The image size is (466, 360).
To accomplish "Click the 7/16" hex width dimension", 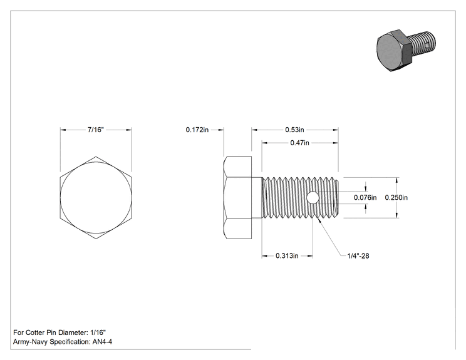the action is [x=96, y=130].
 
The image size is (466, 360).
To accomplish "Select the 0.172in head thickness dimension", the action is [x=197, y=130].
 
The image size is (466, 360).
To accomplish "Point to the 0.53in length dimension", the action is [x=294, y=130].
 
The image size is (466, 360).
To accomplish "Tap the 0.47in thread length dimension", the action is [x=299, y=143].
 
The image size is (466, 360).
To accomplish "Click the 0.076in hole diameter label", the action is [x=365, y=197].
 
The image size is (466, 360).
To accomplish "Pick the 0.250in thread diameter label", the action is [x=396, y=197].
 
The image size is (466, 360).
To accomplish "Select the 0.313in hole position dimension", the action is [x=287, y=255].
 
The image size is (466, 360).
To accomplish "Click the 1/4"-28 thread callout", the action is [x=358, y=255].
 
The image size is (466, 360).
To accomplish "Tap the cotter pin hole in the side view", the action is [x=313, y=198].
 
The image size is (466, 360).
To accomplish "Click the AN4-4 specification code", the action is [x=102, y=342].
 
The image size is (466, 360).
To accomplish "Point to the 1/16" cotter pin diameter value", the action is [x=98, y=332].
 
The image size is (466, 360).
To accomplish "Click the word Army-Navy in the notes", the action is [x=30, y=342].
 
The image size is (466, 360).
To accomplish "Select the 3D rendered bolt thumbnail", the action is [x=406, y=51].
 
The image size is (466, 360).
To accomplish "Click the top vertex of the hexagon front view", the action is [x=96, y=157].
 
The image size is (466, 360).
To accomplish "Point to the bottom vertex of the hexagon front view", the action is [x=96, y=239].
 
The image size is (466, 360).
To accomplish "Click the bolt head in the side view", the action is [x=238, y=197].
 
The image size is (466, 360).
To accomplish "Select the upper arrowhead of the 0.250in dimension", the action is [x=398, y=180].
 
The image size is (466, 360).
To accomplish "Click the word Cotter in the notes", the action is [x=35, y=332].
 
